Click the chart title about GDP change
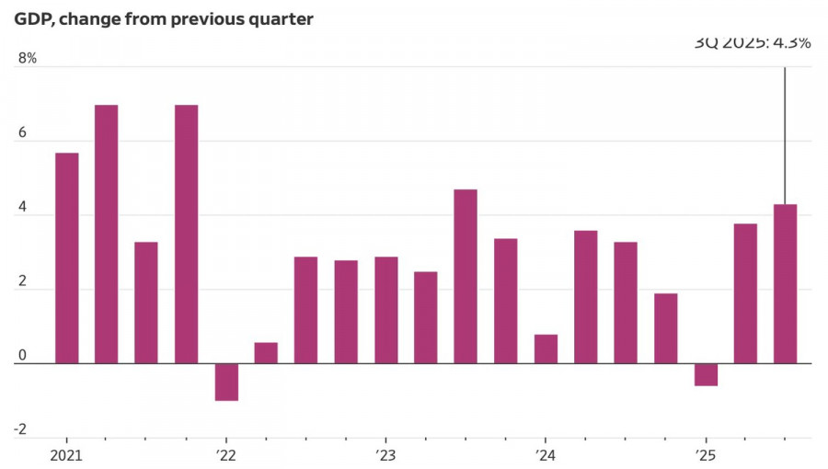(x=164, y=18)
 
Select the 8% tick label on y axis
(x=27, y=59)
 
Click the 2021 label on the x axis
(x=66, y=456)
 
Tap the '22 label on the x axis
(x=226, y=456)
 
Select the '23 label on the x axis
(x=385, y=456)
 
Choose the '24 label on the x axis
(x=546, y=456)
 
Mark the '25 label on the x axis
(x=706, y=456)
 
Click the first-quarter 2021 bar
(x=66, y=257)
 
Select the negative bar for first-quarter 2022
(x=226, y=382)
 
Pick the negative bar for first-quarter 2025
(x=706, y=374)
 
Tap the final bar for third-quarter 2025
(x=785, y=283)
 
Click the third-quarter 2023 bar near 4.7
(x=466, y=276)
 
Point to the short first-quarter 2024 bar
(x=546, y=349)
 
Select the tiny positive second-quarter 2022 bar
(x=266, y=353)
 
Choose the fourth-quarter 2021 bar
(x=187, y=234)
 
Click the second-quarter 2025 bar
(x=745, y=293)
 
